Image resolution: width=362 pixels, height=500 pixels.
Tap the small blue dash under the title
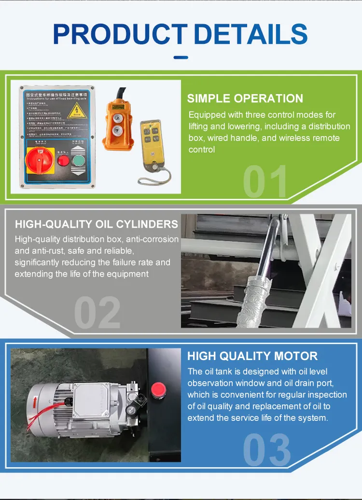click(x=181, y=57)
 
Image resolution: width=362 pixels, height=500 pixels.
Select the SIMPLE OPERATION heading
click(x=245, y=98)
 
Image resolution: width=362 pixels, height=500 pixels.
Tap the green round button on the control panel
click(x=77, y=161)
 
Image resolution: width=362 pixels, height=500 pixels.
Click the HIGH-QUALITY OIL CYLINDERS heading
click(x=97, y=224)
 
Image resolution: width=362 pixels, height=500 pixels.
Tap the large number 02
click(x=97, y=313)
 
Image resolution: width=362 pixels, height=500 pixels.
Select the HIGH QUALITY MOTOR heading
click(x=252, y=356)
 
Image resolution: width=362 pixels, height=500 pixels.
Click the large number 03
click(x=266, y=450)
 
